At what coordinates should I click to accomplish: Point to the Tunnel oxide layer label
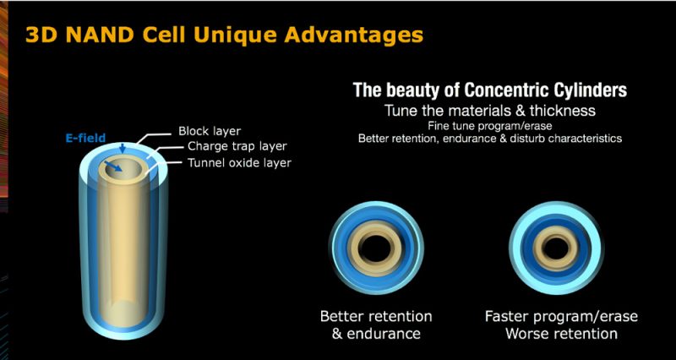pyautogui.click(x=239, y=162)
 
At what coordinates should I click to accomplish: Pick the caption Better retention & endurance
pyautogui.click(x=376, y=325)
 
